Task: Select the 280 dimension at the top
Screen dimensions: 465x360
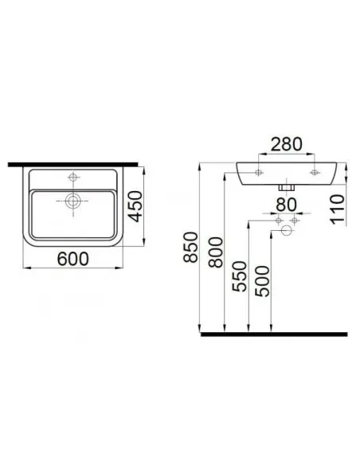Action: tap(287, 144)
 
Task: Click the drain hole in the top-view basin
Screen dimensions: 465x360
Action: tap(73, 202)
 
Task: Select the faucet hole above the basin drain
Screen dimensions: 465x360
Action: tap(73, 178)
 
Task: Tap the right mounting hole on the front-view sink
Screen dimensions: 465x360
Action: tap(314, 170)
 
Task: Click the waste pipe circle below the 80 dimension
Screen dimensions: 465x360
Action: tap(287, 231)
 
